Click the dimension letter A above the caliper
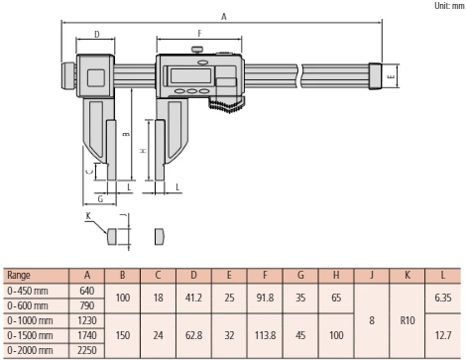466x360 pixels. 224,16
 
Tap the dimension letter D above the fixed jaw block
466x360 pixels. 97,34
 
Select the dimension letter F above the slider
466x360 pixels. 199,34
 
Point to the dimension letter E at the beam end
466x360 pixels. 392,76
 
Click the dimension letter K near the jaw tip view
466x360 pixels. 88,216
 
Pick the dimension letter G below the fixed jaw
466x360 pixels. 100,199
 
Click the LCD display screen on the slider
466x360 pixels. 190,76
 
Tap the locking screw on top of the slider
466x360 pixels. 197,50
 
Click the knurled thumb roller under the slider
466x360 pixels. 227,103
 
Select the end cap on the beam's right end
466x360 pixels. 376,76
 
